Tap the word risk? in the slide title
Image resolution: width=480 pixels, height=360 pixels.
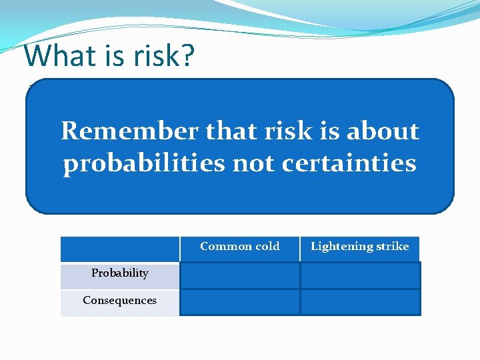tap(161, 56)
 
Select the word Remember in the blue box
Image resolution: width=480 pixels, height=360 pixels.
tap(129, 131)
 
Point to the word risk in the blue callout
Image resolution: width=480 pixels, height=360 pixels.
tap(287, 131)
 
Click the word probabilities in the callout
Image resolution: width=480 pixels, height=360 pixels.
tap(143, 163)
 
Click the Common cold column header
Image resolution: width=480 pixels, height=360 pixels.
tap(239, 247)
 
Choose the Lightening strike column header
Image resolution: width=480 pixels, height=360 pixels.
tap(359, 247)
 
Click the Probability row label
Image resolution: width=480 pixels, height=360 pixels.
tap(120, 273)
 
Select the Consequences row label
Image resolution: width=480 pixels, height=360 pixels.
tap(120, 301)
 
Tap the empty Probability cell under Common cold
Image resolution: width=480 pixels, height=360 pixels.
tap(239, 275)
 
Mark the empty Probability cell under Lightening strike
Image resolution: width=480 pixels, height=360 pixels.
tap(360, 275)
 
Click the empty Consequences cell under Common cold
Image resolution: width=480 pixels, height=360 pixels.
tap(239, 302)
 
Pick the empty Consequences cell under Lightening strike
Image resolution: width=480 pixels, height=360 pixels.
tap(360, 302)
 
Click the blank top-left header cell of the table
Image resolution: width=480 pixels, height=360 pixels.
tap(120, 249)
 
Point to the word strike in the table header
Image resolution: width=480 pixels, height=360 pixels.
tap(393, 247)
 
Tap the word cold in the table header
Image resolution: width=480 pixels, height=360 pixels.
tap(267, 247)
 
